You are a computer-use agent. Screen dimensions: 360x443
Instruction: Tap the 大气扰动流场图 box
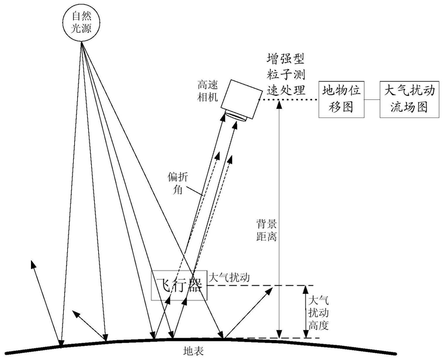click(x=409, y=99)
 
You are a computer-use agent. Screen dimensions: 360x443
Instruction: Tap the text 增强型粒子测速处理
click(x=286, y=74)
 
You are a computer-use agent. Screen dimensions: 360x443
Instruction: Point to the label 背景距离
click(x=267, y=231)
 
